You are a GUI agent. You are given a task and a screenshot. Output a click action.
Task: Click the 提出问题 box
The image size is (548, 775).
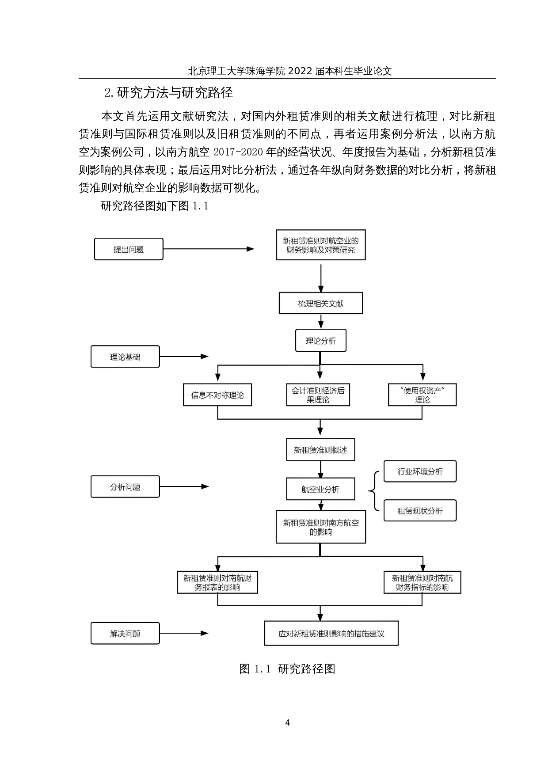tap(129, 249)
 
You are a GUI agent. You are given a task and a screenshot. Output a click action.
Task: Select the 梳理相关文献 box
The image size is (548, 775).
tap(320, 304)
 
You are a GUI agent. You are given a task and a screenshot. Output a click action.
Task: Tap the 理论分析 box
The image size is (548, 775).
tap(320, 341)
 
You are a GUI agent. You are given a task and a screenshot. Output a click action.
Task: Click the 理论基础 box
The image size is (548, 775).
tap(125, 357)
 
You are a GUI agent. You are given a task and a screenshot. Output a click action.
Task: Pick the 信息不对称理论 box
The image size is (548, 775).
tap(217, 395)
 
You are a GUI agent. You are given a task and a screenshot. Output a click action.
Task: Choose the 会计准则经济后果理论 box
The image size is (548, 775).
tap(318, 395)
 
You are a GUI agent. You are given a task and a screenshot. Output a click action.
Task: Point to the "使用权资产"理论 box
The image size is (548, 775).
tap(422, 395)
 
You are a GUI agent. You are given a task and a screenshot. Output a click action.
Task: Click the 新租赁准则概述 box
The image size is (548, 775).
tap(320, 450)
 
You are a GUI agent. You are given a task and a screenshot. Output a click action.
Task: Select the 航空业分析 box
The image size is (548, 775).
tap(320, 489)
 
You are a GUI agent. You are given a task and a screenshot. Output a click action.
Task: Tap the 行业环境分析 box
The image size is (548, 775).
tap(420, 471)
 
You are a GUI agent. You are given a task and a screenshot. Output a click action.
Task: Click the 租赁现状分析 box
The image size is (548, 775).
tap(420, 511)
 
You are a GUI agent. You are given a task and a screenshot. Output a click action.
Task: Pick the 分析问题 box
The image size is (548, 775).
tap(125, 487)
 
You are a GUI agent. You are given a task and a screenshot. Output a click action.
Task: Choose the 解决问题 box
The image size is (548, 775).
tap(125, 634)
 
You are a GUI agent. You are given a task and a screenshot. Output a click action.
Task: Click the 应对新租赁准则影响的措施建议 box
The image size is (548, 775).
tap(331, 634)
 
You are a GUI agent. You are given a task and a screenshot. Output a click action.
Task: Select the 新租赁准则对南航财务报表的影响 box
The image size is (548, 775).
tap(217, 582)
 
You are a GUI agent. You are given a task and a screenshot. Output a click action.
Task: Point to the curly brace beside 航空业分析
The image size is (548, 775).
tap(373, 490)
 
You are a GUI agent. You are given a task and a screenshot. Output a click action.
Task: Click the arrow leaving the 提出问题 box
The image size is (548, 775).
tap(208, 249)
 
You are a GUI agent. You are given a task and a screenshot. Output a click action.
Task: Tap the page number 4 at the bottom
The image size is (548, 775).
tap(288, 723)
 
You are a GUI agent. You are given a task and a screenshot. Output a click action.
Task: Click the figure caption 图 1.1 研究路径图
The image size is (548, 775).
tap(287, 669)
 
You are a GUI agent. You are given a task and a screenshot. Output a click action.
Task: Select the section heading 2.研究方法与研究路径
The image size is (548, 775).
tap(168, 93)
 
